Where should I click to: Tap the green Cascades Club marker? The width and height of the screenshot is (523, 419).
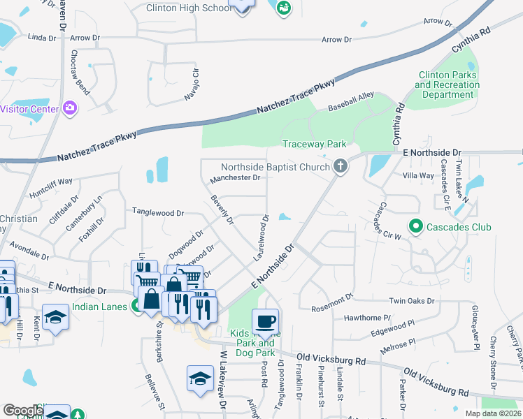(415, 227)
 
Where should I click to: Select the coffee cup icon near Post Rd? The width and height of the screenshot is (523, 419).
(266, 322)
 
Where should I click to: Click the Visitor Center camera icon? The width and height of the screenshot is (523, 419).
(69, 108)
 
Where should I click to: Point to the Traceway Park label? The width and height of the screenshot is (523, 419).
(314, 144)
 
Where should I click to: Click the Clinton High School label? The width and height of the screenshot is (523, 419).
(188, 8)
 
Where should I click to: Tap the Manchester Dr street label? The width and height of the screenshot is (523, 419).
(235, 178)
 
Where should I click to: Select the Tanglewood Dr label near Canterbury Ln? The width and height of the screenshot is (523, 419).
(158, 212)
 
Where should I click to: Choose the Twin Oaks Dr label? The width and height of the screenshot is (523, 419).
(412, 301)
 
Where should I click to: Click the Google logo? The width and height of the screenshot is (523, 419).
(22, 411)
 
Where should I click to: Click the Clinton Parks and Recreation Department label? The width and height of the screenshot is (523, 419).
(447, 84)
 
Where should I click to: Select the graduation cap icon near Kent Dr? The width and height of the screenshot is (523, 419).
(55, 317)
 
